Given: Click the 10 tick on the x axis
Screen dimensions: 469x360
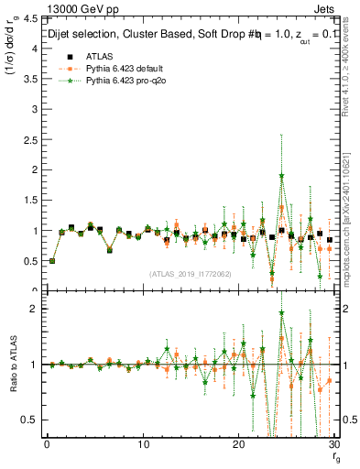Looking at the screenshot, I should (x=142, y=444).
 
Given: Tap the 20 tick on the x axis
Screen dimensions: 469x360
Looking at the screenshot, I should (x=238, y=444).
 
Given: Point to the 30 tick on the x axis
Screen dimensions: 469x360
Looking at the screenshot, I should (x=333, y=444).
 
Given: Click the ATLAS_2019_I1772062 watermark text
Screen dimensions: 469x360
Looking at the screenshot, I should (x=191, y=274).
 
